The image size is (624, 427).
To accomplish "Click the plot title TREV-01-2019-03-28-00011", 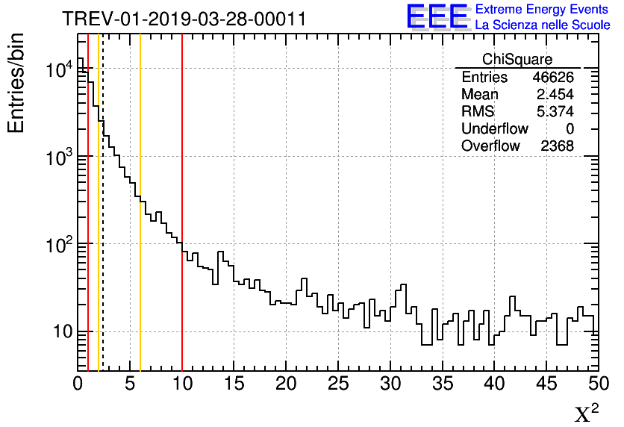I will tap(184, 19).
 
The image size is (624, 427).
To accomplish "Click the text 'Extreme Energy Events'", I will tap(543, 10).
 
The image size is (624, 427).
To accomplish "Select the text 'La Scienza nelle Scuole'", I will tap(543, 25).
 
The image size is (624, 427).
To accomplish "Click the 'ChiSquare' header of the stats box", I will tap(517, 60).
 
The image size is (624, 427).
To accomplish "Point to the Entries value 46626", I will tap(553, 78).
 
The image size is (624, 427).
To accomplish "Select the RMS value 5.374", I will tap(555, 112).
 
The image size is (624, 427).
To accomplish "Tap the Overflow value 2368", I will tap(557, 146).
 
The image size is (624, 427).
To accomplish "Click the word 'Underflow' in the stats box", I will tap(494, 129).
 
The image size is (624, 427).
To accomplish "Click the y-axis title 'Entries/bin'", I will tap(16, 83).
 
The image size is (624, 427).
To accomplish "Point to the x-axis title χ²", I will tap(586, 413).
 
